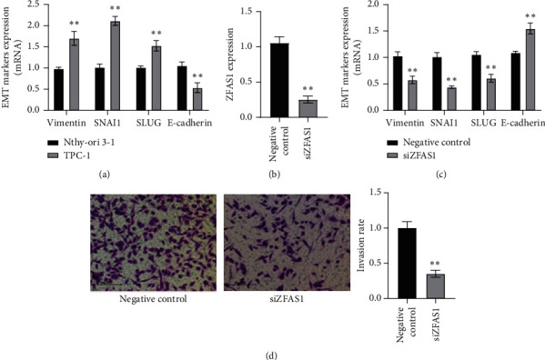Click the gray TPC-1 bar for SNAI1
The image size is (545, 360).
click(x=115, y=65)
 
